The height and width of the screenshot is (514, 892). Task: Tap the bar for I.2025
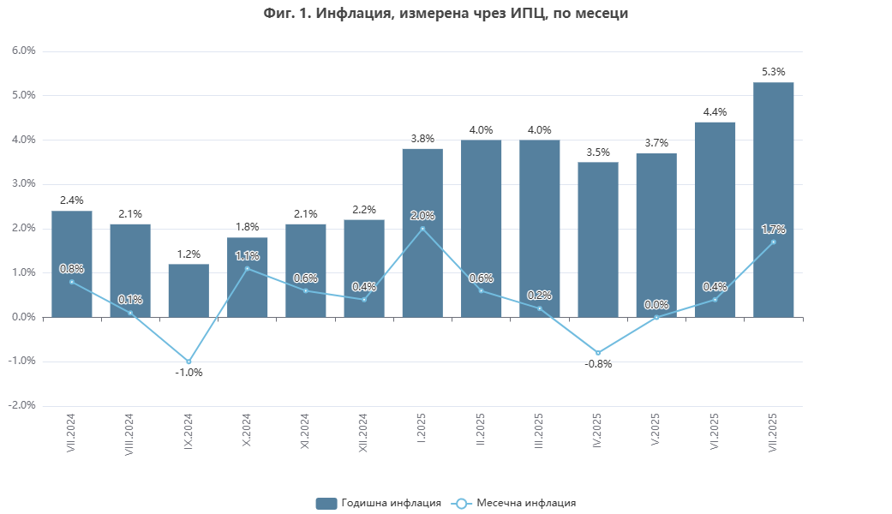coord(422,233)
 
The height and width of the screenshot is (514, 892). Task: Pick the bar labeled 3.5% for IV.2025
coord(598,240)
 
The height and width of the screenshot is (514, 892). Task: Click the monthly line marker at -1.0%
coord(189,362)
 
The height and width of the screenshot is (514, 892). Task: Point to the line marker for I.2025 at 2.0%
coord(422,229)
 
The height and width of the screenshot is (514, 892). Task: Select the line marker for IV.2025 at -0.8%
coord(598,353)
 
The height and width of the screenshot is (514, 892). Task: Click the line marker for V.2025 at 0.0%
coord(656,317)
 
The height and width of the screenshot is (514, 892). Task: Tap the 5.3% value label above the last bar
coord(773,72)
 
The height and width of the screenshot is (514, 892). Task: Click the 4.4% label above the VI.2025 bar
coord(715,112)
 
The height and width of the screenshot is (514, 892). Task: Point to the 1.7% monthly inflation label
coord(773,229)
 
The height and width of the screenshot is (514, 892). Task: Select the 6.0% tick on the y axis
coord(24,51)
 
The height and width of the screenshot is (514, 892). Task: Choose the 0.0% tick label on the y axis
coord(24,317)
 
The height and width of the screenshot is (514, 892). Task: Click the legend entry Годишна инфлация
coord(379,503)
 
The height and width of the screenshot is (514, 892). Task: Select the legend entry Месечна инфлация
coord(514,503)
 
